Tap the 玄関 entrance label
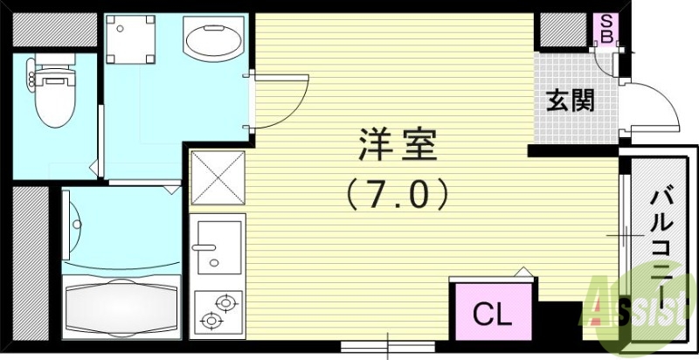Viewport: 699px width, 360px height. (571, 100)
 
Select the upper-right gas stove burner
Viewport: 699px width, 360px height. (226, 303)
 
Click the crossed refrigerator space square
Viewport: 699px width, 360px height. (216, 177)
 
